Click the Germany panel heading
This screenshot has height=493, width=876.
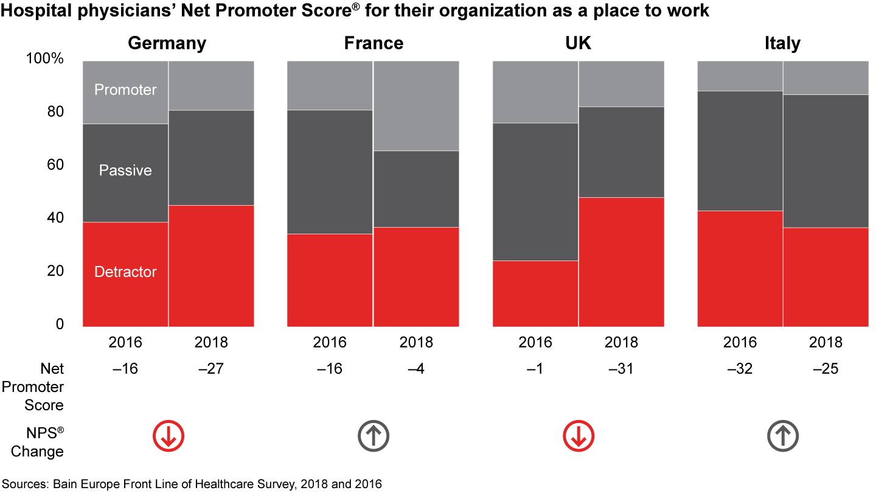[x=167, y=44]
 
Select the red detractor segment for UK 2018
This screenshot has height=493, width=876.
[x=621, y=262]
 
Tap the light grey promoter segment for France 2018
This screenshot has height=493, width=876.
[x=416, y=105]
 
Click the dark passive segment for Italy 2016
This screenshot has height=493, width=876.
[x=740, y=150]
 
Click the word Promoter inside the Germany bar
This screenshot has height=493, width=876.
[x=125, y=90]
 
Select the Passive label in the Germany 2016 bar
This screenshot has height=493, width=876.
[x=125, y=170]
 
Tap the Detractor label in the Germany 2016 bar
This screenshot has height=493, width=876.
[x=125, y=272]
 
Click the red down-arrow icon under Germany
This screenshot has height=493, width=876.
[x=168, y=436]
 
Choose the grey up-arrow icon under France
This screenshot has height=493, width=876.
[x=373, y=436]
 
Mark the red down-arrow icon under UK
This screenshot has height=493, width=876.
[x=578, y=436]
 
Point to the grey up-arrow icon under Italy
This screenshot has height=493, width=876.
[x=782, y=436]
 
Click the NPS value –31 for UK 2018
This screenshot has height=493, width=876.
[x=621, y=369]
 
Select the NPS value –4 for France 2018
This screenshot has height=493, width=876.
[x=416, y=369]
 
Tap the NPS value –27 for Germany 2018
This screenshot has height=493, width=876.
[x=211, y=369]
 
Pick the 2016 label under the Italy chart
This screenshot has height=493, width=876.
[x=740, y=343]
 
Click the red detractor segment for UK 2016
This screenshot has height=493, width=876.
[x=535, y=293]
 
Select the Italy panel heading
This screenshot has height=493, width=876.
[x=782, y=44]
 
